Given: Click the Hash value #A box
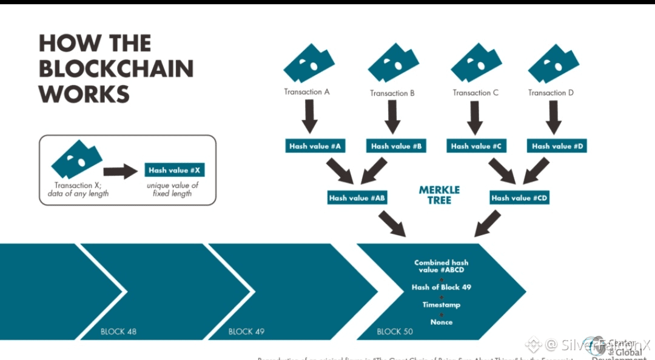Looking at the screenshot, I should (315, 146).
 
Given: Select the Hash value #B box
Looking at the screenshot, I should (397, 146).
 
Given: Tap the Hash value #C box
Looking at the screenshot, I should (476, 146).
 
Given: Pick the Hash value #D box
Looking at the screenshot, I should (557, 146).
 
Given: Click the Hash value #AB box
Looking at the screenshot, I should (357, 198).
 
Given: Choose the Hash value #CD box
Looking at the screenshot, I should (520, 198).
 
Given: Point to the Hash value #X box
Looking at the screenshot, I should (174, 170).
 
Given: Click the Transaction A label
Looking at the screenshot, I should (307, 92).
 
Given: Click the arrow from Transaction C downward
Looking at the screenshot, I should (475, 117).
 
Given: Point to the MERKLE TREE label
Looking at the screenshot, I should (439, 195).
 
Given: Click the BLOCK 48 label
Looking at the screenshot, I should (118, 332).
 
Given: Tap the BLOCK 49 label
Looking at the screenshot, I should (246, 332).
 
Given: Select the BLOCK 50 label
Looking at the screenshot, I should (395, 332).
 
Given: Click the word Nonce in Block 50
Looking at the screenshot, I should (442, 322).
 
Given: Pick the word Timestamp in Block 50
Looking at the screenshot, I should (442, 305).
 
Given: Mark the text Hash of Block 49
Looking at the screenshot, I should (442, 287).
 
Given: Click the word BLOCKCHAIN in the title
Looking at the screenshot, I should (116, 69).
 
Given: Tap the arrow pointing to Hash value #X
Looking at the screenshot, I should (121, 172).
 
